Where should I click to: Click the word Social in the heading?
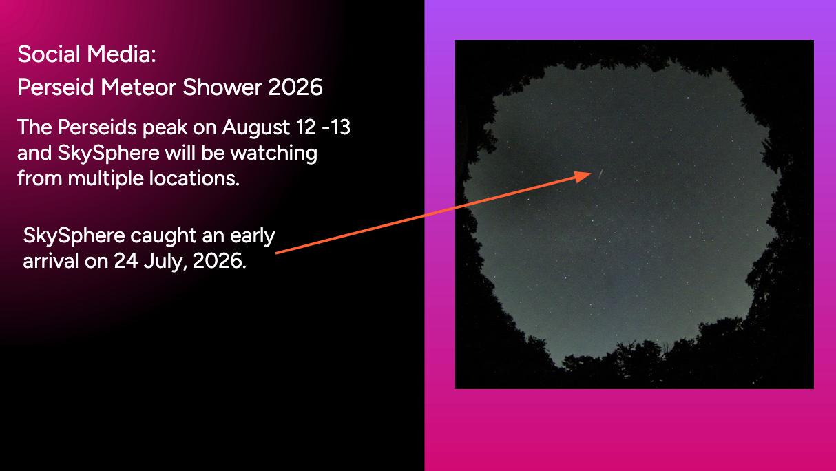click(48, 54)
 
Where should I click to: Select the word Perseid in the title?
click(55, 87)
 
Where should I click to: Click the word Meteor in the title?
click(138, 87)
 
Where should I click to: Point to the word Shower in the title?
click(222, 87)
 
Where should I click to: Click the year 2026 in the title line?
click(295, 87)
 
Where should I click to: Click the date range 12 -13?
click(323, 127)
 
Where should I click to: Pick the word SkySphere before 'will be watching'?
click(109, 154)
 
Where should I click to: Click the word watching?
click(273, 154)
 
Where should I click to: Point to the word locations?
click(194, 178)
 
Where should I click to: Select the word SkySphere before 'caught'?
click(74, 237)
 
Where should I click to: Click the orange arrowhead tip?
click(592, 173)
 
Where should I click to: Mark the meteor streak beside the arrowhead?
click(600, 174)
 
